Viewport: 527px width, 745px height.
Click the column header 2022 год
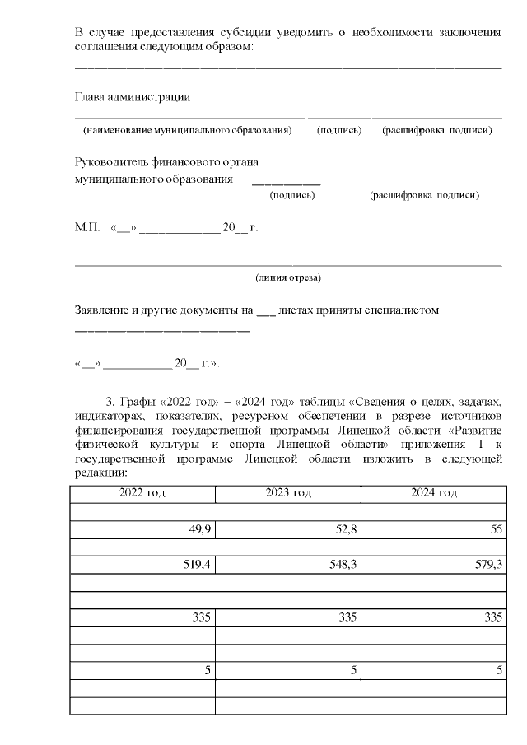tap(142, 493)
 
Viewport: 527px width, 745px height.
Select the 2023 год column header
tap(288, 493)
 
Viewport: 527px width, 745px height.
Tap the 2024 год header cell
tap(434, 493)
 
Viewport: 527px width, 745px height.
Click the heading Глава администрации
tap(133, 97)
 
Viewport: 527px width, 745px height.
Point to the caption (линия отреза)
tap(288, 277)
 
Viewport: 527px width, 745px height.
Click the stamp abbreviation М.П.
tap(86, 228)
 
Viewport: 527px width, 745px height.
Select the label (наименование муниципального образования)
tap(188, 130)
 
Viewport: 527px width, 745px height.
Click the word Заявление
tap(103, 310)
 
